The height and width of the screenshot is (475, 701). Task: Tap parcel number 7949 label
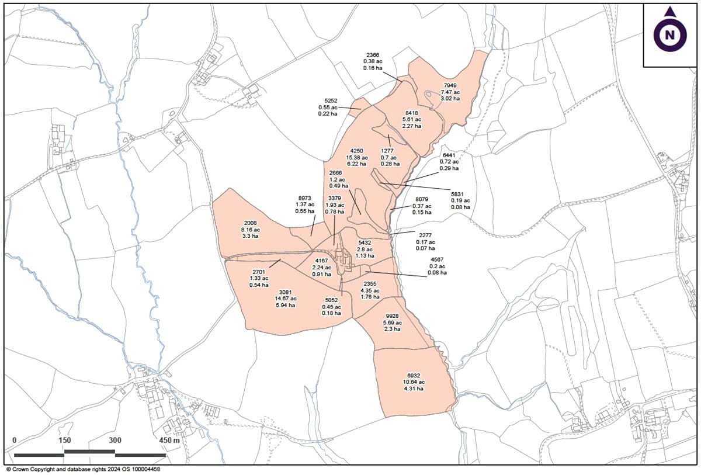(x=450, y=85)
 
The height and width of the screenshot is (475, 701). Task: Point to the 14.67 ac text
(x=285, y=299)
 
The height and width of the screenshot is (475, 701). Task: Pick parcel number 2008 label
(x=250, y=223)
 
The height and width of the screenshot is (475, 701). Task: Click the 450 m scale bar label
(x=168, y=441)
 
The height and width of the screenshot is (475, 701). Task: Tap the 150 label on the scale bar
(x=65, y=441)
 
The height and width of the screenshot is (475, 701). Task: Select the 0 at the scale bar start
(x=15, y=441)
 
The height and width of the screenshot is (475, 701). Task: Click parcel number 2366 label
(x=372, y=54)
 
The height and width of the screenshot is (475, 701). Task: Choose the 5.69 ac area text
(x=392, y=323)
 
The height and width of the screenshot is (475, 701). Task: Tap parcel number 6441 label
(x=449, y=155)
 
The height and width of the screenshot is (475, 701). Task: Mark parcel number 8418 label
(x=412, y=113)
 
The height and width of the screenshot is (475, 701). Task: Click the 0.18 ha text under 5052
(x=332, y=313)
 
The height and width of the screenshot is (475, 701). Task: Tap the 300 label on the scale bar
(x=114, y=441)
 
